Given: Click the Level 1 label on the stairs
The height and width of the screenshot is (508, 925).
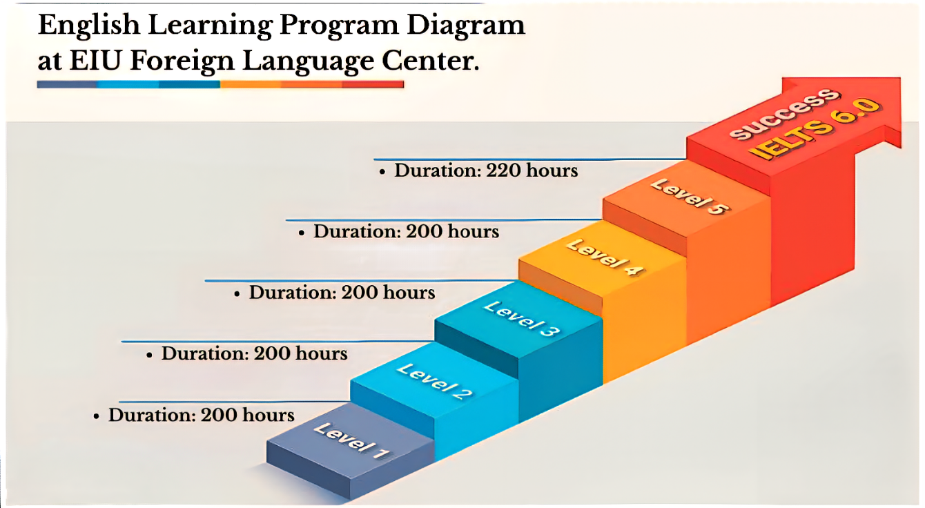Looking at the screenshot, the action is click(x=351, y=441).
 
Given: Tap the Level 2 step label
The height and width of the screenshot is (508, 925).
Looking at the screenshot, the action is click(x=434, y=382).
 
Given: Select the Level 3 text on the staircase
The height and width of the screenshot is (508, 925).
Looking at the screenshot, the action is click(x=522, y=319).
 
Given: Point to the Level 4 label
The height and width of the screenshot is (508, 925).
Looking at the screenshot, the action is click(x=605, y=257).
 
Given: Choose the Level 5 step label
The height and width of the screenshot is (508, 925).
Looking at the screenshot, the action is click(x=689, y=197).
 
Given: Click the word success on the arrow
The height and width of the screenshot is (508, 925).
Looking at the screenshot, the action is click(x=785, y=114).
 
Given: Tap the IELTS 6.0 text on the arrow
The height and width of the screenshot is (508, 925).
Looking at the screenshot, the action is click(x=815, y=129).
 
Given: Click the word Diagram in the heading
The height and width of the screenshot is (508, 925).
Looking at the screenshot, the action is click(x=466, y=26).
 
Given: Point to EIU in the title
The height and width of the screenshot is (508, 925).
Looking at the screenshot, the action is click(x=95, y=60).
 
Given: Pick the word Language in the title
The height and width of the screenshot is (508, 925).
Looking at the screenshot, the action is click(x=309, y=62).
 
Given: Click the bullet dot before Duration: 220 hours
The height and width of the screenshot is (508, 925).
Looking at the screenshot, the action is click(x=382, y=173).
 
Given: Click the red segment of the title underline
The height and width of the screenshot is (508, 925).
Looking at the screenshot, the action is click(x=373, y=84).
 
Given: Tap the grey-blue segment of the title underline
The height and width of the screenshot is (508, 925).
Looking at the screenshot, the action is click(x=67, y=85).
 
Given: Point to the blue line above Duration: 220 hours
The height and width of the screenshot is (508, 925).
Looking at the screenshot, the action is click(x=530, y=159).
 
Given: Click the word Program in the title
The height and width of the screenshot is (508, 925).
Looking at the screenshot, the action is click(x=339, y=26).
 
